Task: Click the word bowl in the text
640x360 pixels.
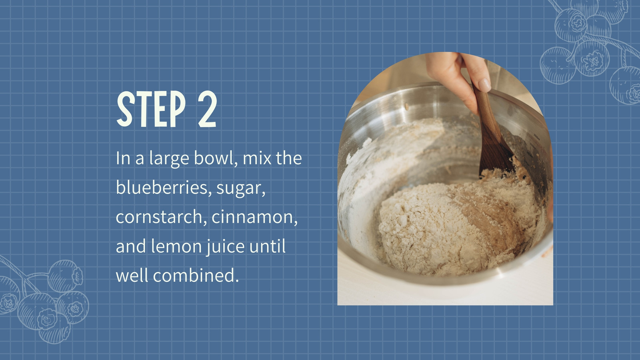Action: pos(214,158)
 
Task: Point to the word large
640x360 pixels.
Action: pos(169,160)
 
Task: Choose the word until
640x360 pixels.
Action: pos(267,246)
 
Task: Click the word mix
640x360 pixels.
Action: pos(257,158)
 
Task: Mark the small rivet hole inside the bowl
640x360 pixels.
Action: pos(406,106)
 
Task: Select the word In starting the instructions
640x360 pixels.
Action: pos(122,158)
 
